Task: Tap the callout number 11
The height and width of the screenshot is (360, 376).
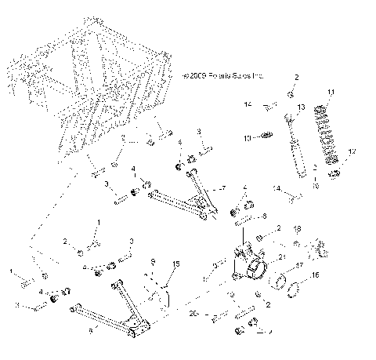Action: click(x=331, y=93)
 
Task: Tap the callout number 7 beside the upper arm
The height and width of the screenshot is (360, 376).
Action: click(x=224, y=189)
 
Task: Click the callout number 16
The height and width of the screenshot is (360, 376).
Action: click(x=316, y=276)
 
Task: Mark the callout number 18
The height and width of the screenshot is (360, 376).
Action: click(x=297, y=228)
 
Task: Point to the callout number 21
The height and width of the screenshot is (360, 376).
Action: click(x=282, y=256)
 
